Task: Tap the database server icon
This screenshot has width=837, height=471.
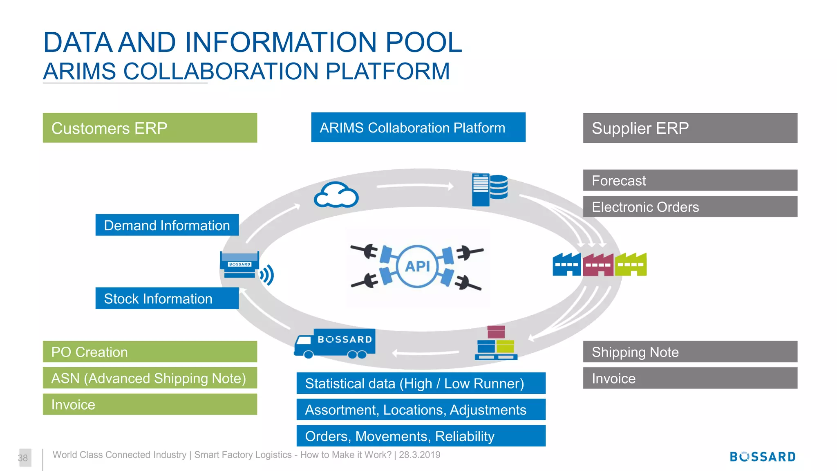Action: coord(490,190)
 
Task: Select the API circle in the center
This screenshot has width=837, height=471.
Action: coord(417,267)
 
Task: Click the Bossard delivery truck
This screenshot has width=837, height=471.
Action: coord(335,343)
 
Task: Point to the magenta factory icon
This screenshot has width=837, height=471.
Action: coord(598,265)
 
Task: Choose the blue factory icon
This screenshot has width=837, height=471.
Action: coord(567,265)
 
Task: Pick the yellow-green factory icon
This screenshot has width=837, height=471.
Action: coord(631,265)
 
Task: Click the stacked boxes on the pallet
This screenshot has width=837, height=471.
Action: coord(496,343)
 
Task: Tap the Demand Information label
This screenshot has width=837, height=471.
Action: coord(167,225)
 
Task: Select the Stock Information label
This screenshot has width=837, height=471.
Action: coord(167,298)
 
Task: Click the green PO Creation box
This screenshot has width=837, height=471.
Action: coord(150,352)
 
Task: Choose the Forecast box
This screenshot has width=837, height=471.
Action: coord(690,180)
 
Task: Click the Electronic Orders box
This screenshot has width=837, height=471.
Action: coord(690,206)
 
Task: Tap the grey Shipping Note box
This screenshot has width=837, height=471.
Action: coord(690,352)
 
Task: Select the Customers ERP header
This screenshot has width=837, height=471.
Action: coord(150,128)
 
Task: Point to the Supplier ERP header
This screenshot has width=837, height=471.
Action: coord(690,128)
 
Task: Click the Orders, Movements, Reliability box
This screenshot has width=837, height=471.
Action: coord(421,436)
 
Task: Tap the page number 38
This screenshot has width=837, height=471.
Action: coord(23,458)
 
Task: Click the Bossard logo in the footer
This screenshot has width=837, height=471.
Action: coord(763,457)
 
